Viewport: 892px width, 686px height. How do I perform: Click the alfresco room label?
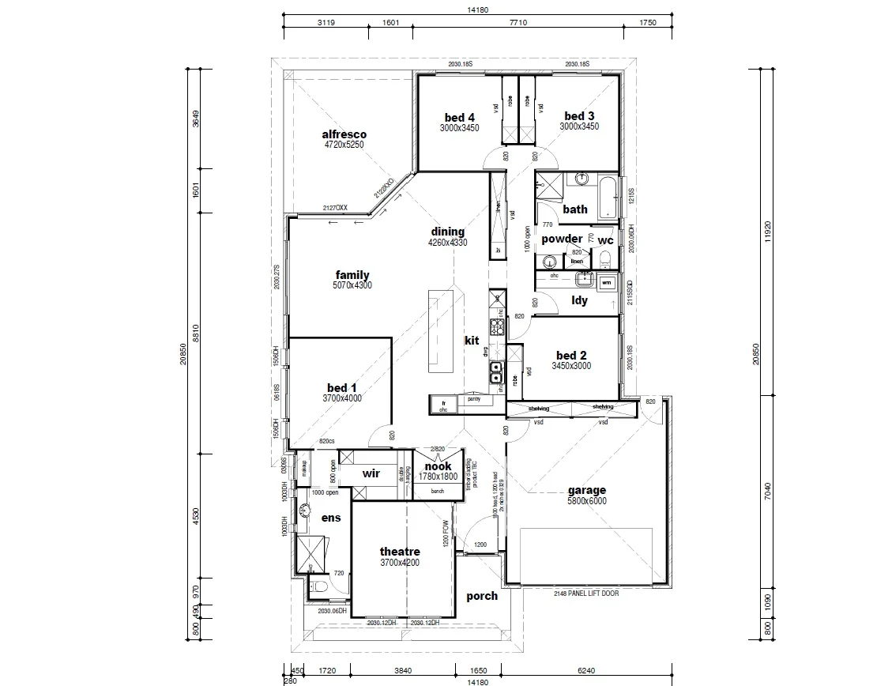coord(344,134)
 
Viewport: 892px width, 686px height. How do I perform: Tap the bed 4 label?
coord(459,117)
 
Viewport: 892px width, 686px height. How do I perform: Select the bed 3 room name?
coord(579,116)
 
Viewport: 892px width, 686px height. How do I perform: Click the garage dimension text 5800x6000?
coord(587,501)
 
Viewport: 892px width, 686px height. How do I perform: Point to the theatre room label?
coord(400,552)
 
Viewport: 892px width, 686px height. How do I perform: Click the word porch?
coord(482,596)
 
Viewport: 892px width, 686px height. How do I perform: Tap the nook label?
coord(438,466)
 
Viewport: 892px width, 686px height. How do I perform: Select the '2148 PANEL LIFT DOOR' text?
coord(586,592)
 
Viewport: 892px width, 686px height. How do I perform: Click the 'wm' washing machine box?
coord(607,281)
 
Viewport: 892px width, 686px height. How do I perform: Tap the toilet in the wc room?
coord(606,260)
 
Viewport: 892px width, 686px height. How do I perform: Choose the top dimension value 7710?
coord(518,23)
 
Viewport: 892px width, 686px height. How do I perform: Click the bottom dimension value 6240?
coord(585,670)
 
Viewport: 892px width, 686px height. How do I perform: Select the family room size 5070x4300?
coord(352,285)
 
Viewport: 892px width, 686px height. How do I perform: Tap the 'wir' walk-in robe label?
coord(372,474)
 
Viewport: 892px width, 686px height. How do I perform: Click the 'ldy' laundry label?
coord(579,300)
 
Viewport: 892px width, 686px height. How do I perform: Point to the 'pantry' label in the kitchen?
coord(474,400)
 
